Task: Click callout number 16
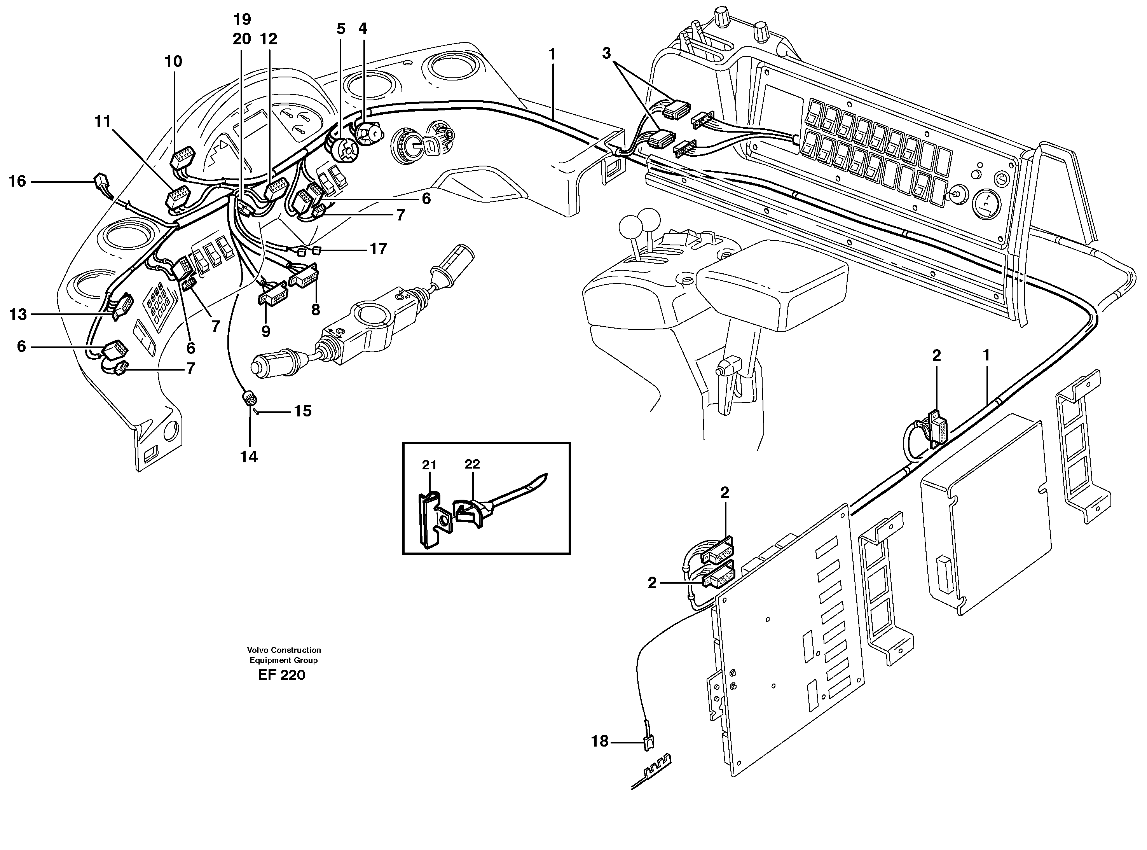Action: pos(17,181)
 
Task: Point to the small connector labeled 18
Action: pos(649,742)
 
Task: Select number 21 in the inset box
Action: pos(429,465)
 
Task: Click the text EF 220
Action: pos(282,675)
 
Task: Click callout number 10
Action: pos(173,62)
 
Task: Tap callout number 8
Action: pos(315,310)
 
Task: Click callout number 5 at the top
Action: pos(341,29)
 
